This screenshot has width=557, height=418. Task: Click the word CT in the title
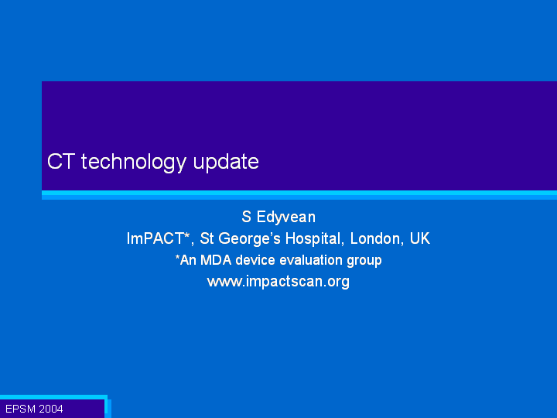point(61,161)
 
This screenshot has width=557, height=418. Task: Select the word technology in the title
point(134,163)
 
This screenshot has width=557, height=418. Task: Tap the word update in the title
point(226,163)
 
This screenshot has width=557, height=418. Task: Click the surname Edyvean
point(286,218)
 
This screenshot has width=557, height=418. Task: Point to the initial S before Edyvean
point(246,217)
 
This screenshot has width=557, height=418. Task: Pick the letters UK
point(420,238)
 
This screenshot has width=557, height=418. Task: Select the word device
point(255,260)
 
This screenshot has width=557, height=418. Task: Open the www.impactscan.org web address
point(278,282)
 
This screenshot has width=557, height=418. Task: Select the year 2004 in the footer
point(51,409)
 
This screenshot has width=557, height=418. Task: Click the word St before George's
point(207,238)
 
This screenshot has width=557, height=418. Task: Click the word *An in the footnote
point(186,260)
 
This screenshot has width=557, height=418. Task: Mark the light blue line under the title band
point(299,195)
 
